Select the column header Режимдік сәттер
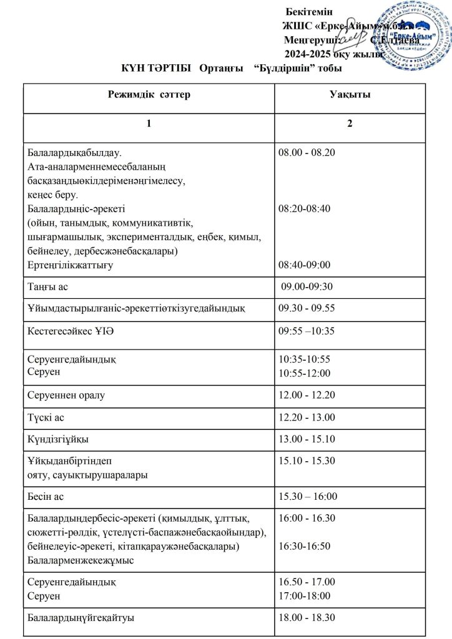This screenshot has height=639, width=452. (149, 95)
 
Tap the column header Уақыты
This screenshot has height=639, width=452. (350, 95)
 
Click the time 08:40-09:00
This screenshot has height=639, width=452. (305, 265)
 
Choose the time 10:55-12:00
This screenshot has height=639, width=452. (305, 373)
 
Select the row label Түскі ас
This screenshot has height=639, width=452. (46, 417)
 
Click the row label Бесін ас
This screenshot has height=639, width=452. (46, 497)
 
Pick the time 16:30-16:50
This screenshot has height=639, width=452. (305, 546)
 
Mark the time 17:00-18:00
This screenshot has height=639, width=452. (305, 597)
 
